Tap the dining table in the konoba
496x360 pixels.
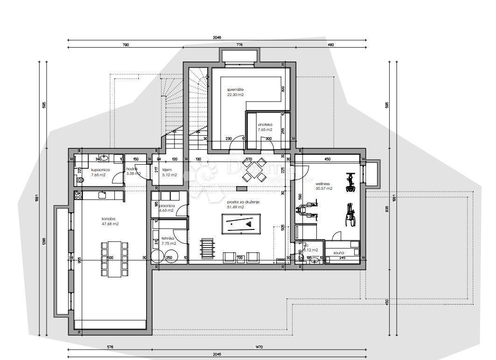pyautogui.click(x=114, y=259)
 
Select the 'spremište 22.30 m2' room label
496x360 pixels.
pyautogui.click(x=236, y=92)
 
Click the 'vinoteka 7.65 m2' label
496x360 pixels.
pyautogui.click(x=265, y=127)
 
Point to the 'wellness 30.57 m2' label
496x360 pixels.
pyautogui.click(x=323, y=186)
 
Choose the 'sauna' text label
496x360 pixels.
pyautogui.click(x=339, y=252)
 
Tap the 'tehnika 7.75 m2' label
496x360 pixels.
pyautogui.click(x=168, y=241)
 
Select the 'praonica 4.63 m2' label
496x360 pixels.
pyautogui.click(x=167, y=208)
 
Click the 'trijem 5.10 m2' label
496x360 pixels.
pyautogui.click(x=169, y=173)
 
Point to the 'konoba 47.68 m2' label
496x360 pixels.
pyautogui.click(x=110, y=221)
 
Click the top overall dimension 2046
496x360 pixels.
pyautogui.click(x=217, y=38)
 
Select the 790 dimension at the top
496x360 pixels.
pyautogui.click(x=126, y=45)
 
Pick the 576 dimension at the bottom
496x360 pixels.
pyautogui.click(x=110, y=347)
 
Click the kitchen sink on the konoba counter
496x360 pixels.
pyautogui.click(x=102, y=194)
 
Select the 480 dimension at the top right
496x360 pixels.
pyautogui.click(x=331, y=45)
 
